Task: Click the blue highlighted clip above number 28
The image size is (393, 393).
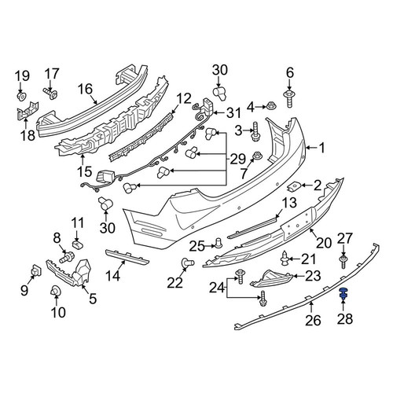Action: click(343, 293)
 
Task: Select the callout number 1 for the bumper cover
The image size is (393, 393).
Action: click(321, 148)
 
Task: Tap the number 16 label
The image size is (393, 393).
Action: click(86, 89)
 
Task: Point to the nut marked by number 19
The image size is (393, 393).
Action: click(22, 96)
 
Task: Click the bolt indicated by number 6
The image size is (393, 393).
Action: click(288, 99)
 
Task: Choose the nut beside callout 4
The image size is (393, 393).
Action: click(270, 106)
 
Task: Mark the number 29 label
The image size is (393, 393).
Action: click(238, 159)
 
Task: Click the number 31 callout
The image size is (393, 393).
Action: click(233, 113)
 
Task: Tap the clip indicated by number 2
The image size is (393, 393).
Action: click(293, 186)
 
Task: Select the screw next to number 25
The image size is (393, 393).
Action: click(219, 243)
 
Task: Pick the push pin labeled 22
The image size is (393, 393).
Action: click(188, 263)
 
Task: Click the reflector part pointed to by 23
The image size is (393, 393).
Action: click(270, 279)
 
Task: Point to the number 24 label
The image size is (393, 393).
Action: click(217, 288)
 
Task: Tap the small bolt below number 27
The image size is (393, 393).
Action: click(343, 263)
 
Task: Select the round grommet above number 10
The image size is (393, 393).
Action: click(56, 291)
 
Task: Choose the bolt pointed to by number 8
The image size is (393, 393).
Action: click(67, 256)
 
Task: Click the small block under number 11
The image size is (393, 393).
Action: click(77, 244)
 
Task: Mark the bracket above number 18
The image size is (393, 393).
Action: click(28, 111)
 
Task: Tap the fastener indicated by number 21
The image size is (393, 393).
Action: click(285, 258)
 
